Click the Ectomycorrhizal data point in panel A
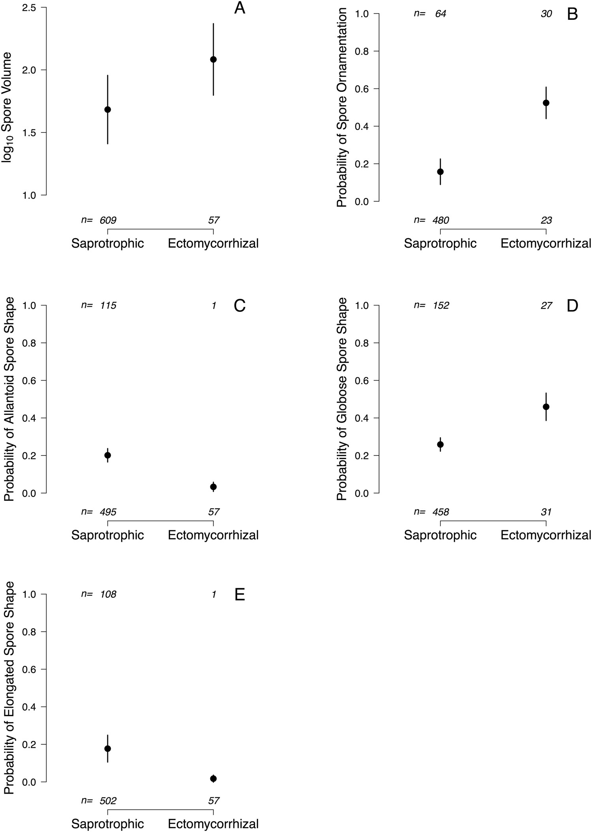[213, 60]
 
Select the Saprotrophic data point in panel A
[107, 110]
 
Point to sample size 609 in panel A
[108, 220]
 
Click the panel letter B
[572, 14]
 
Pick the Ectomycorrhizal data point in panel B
[546, 103]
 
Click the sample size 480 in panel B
[441, 220]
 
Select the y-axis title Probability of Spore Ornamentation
[342, 107]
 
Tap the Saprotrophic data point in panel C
[107, 455]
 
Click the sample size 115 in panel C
[108, 306]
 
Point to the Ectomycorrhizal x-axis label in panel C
[213, 535]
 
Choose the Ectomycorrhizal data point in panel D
[546, 407]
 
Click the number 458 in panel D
[441, 512]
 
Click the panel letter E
[240, 595]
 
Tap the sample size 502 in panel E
[108, 801]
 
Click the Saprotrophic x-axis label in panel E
[107, 824]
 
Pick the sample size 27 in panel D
[546, 306]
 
